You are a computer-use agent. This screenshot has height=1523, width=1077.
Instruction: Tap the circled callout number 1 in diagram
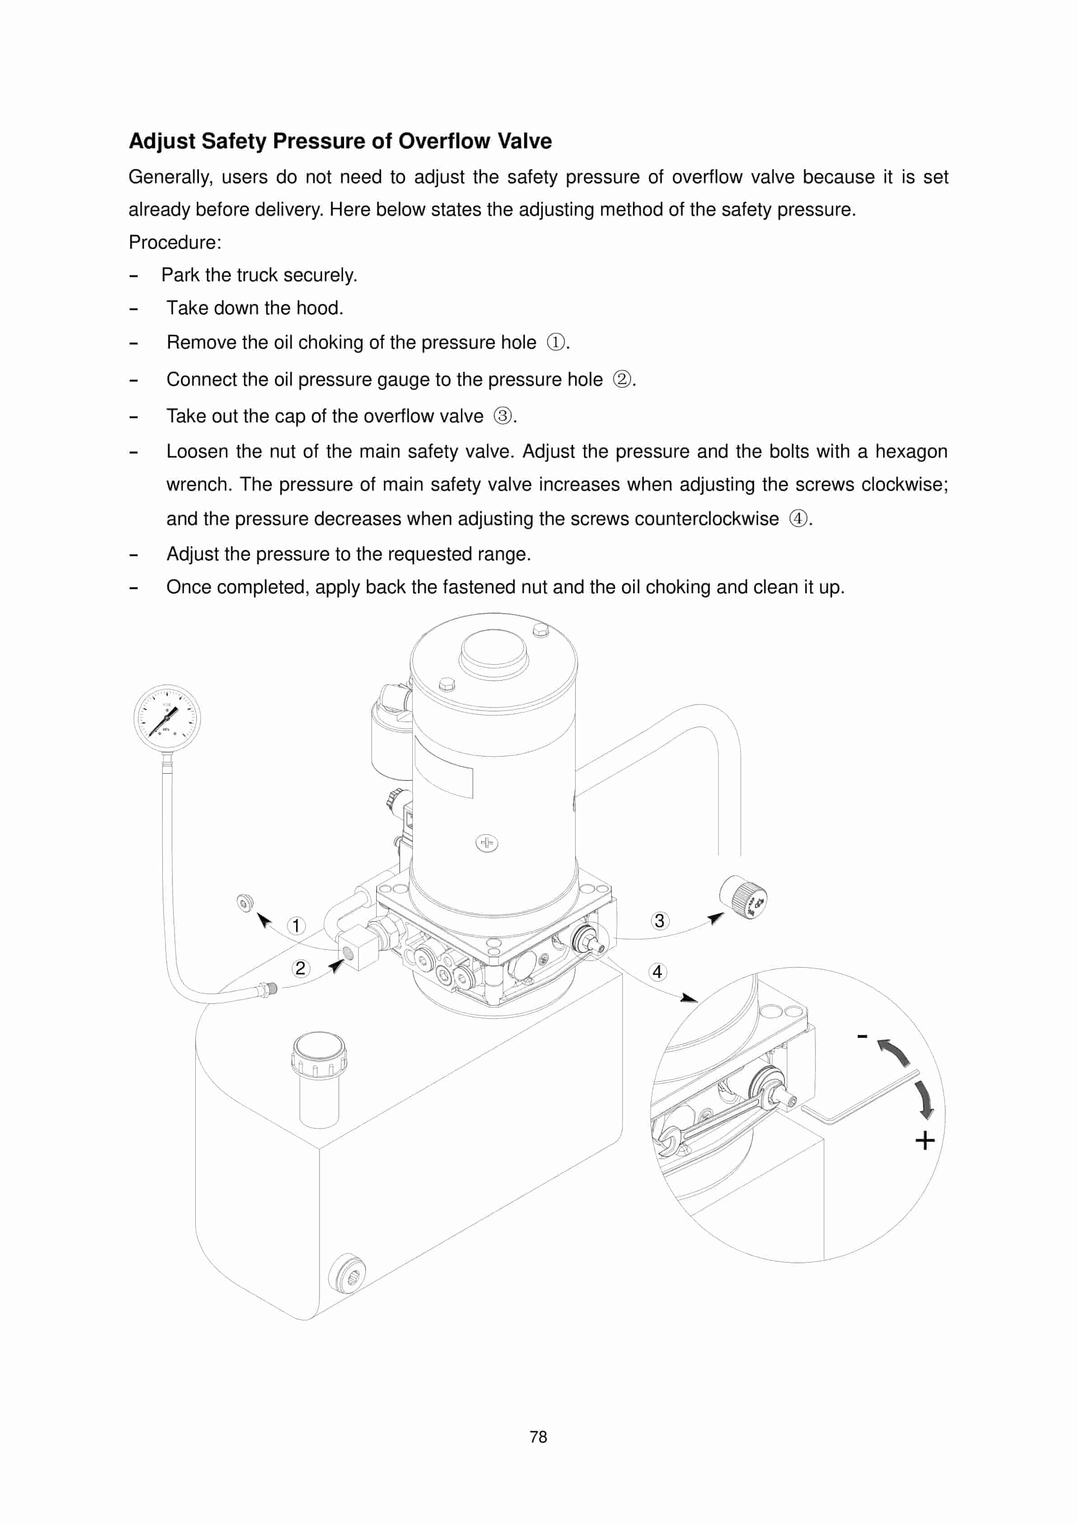[x=296, y=925]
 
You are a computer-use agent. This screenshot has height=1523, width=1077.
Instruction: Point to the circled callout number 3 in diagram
[x=659, y=921]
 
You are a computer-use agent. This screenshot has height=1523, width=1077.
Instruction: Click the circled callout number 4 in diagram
[x=657, y=972]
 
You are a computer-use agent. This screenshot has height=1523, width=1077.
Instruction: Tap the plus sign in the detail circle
[x=925, y=1141]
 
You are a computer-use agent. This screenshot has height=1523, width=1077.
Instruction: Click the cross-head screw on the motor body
[x=487, y=843]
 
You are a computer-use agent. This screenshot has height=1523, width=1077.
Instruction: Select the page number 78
[x=538, y=1437]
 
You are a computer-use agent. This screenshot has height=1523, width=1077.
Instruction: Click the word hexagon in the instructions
[x=911, y=452]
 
